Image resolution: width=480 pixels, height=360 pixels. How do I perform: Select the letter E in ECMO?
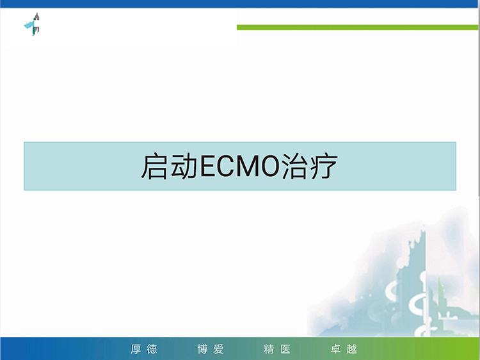pos(208,166)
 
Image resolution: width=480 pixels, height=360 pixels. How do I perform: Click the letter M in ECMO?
pos(250,166)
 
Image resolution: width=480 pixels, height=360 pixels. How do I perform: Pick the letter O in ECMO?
pos(271,166)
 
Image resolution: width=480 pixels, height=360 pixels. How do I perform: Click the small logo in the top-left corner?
pos(32,24)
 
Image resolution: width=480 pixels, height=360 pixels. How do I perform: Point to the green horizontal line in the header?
pos(357,28)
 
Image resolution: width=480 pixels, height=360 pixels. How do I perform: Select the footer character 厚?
pos(136,349)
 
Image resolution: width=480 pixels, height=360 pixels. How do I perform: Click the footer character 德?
pos(152,349)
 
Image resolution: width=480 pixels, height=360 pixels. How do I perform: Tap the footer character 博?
pos(202,349)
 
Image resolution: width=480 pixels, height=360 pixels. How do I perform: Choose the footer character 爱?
pos(219,349)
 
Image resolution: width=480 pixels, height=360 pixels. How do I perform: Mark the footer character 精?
pos(269,349)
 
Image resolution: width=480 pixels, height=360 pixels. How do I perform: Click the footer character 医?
pos(285,349)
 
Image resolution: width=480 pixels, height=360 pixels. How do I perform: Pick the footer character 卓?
pos(336,349)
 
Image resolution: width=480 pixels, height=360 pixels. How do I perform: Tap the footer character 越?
pos(352,349)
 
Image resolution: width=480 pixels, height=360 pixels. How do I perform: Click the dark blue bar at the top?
pos(240,4)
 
